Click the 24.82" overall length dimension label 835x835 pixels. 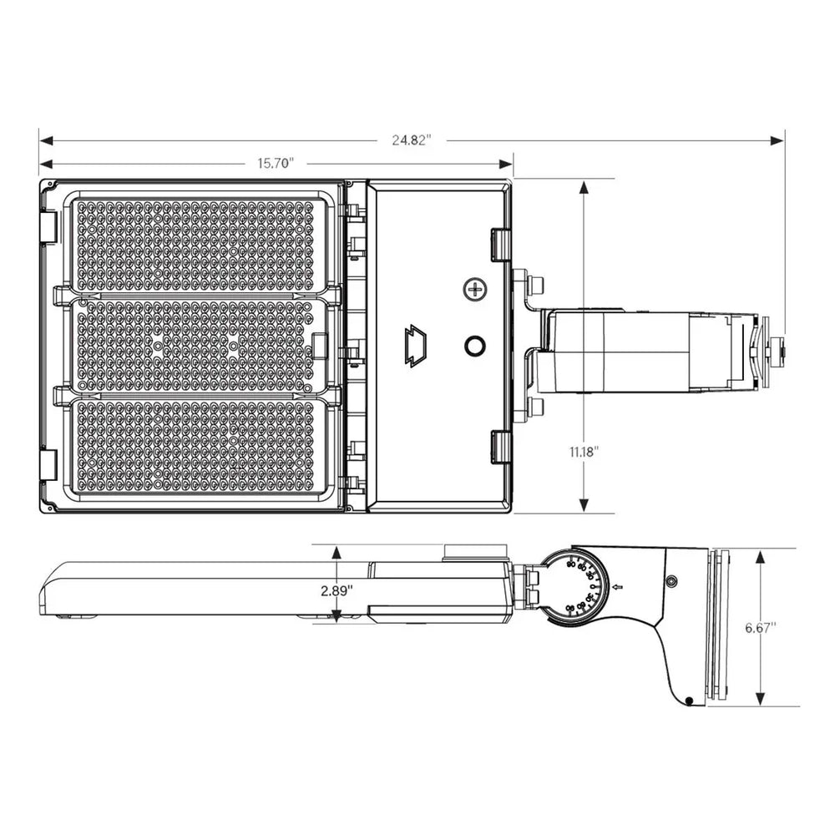(x=411, y=140)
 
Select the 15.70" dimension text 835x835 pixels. (x=276, y=164)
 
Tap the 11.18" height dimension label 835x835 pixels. (x=584, y=451)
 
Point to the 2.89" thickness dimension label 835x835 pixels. (x=337, y=590)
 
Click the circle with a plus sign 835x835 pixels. (x=476, y=290)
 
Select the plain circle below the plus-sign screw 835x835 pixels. (x=476, y=345)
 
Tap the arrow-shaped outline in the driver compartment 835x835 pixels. (x=415, y=345)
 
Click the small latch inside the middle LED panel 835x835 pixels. (x=318, y=347)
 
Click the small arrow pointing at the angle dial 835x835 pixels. (x=619, y=589)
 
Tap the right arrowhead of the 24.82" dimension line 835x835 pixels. (x=778, y=140)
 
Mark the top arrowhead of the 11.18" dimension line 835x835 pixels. (x=584, y=186)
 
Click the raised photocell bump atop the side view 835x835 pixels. (x=477, y=550)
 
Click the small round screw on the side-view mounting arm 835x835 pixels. (x=671, y=580)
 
